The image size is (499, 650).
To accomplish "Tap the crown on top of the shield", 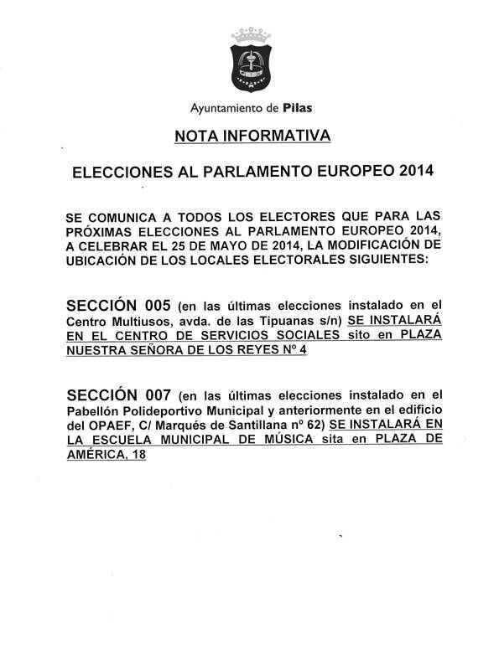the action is pos(251,35).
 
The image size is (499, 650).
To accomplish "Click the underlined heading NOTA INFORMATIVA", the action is pos(252,135).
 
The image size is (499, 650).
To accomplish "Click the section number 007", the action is pos(152,394).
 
